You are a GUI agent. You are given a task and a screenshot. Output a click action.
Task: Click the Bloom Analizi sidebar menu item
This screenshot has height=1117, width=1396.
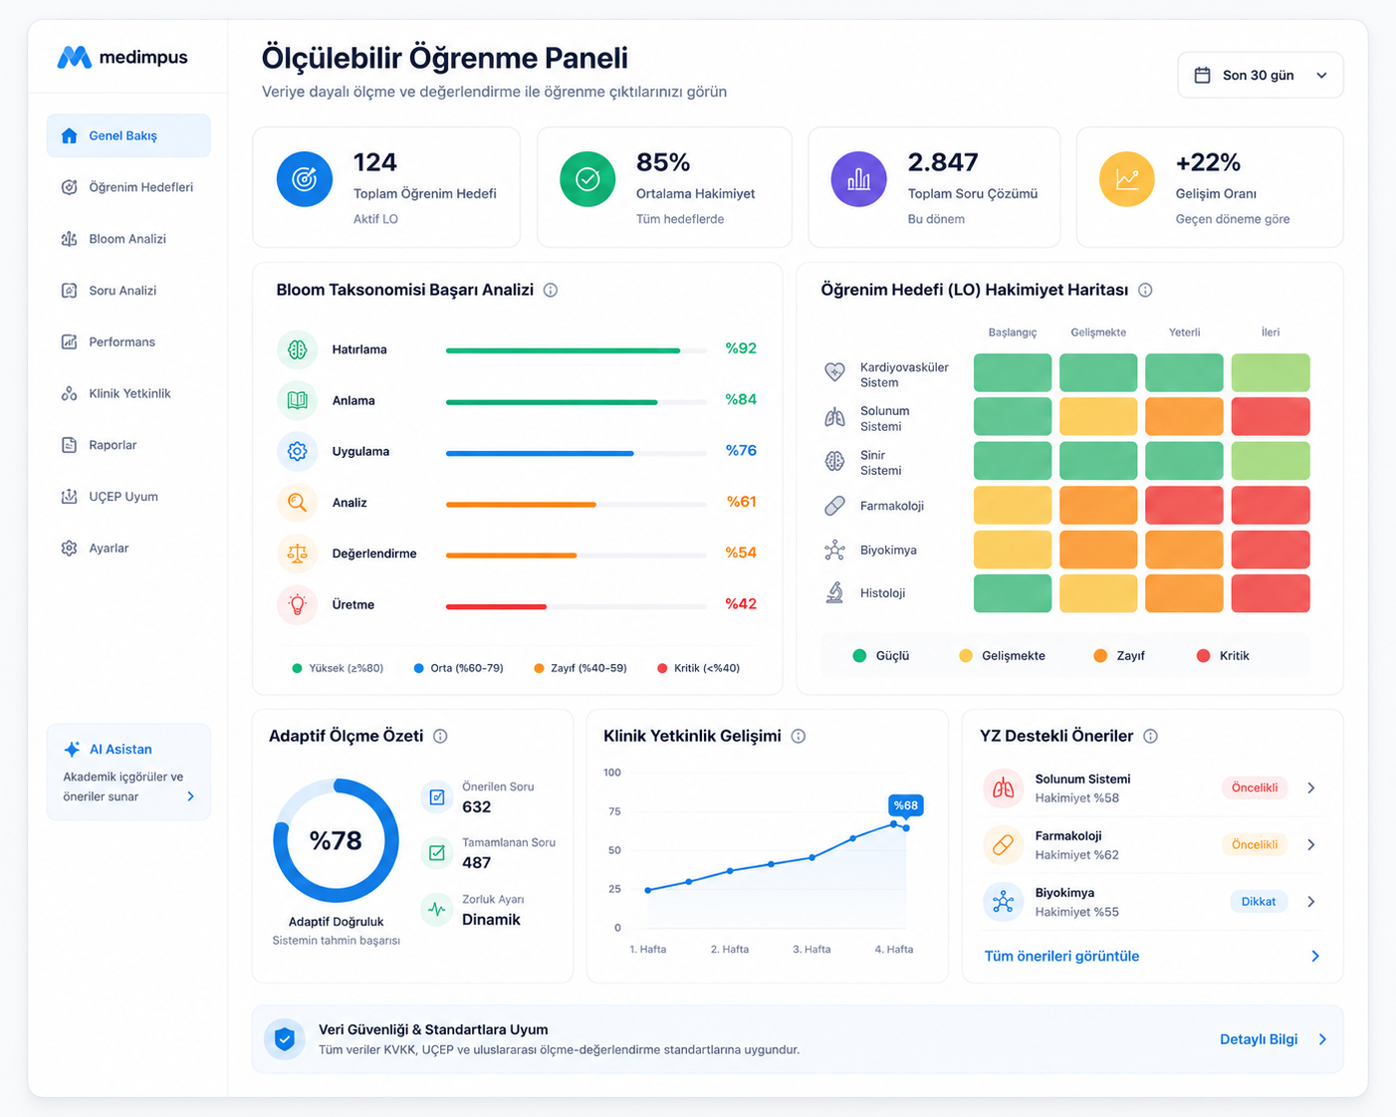[114, 239]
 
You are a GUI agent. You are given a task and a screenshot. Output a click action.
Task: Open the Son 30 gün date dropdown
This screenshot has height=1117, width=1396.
[1260, 76]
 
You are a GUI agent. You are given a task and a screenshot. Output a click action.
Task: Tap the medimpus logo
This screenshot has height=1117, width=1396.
[121, 57]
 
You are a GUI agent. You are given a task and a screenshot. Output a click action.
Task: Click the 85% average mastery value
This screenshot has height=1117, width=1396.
[662, 162]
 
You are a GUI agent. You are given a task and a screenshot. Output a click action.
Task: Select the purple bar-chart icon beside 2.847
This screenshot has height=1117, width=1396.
[858, 179]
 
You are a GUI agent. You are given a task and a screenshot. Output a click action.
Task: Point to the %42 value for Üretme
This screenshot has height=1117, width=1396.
[741, 604]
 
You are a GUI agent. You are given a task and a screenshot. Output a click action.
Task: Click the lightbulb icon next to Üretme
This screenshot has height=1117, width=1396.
[297, 604]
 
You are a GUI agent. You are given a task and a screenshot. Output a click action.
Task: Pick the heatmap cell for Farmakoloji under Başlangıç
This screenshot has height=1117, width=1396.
[1012, 505]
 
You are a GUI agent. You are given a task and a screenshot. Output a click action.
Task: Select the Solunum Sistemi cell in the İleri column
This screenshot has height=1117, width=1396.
[1271, 416]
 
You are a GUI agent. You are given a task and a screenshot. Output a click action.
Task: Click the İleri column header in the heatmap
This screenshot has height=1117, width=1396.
[1271, 333]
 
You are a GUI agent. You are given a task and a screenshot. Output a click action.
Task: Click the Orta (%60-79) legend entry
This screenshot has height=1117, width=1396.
[459, 668]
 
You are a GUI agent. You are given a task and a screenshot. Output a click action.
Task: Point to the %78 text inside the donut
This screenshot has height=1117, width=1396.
[336, 840]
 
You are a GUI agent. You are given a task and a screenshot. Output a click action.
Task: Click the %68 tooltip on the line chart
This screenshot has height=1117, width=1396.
[905, 805]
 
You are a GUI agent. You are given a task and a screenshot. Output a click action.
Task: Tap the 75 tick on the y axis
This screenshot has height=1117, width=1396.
[614, 811]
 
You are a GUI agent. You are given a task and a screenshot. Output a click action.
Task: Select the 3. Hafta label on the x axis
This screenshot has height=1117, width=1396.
[812, 949]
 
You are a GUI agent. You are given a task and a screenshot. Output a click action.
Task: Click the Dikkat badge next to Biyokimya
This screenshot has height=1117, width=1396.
[1259, 902]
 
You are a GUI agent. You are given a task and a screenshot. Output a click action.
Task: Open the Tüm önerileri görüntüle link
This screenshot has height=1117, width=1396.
[1061, 956]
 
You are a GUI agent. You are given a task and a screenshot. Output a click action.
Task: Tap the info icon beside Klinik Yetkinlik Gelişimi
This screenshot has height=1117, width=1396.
[798, 737]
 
